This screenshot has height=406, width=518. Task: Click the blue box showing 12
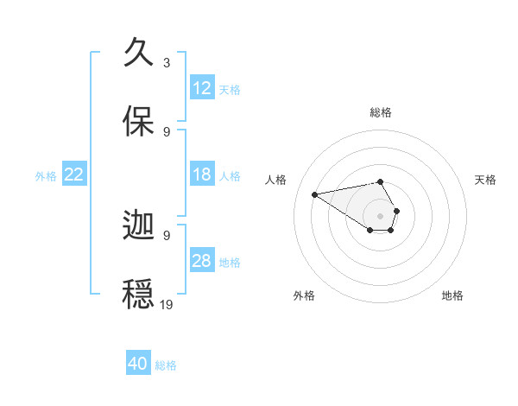click(x=202, y=88)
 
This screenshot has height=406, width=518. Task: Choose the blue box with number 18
click(x=202, y=174)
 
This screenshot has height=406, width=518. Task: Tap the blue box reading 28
click(x=202, y=261)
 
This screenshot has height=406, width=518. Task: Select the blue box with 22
click(x=74, y=174)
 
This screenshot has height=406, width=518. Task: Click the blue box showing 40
click(x=138, y=364)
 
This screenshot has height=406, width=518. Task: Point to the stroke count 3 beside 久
click(x=167, y=63)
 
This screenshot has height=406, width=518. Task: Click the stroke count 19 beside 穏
click(x=167, y=304)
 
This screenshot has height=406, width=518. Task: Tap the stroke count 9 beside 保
click(x=167, y=131)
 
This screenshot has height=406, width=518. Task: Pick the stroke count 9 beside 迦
click(x=167, y=235)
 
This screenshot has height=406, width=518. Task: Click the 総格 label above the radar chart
click(x=381, y=112)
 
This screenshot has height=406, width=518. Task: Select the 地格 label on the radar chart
click(x=452, y=295)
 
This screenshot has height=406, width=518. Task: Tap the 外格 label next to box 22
click(x=46, y=175)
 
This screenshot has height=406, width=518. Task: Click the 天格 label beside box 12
click(x=230, y=89)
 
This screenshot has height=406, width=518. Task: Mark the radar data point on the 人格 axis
click(x=315, y=193)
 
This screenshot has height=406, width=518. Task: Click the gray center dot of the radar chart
click(x=381, y=215)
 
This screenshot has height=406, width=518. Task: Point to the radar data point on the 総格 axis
click(x=381, y=181)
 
